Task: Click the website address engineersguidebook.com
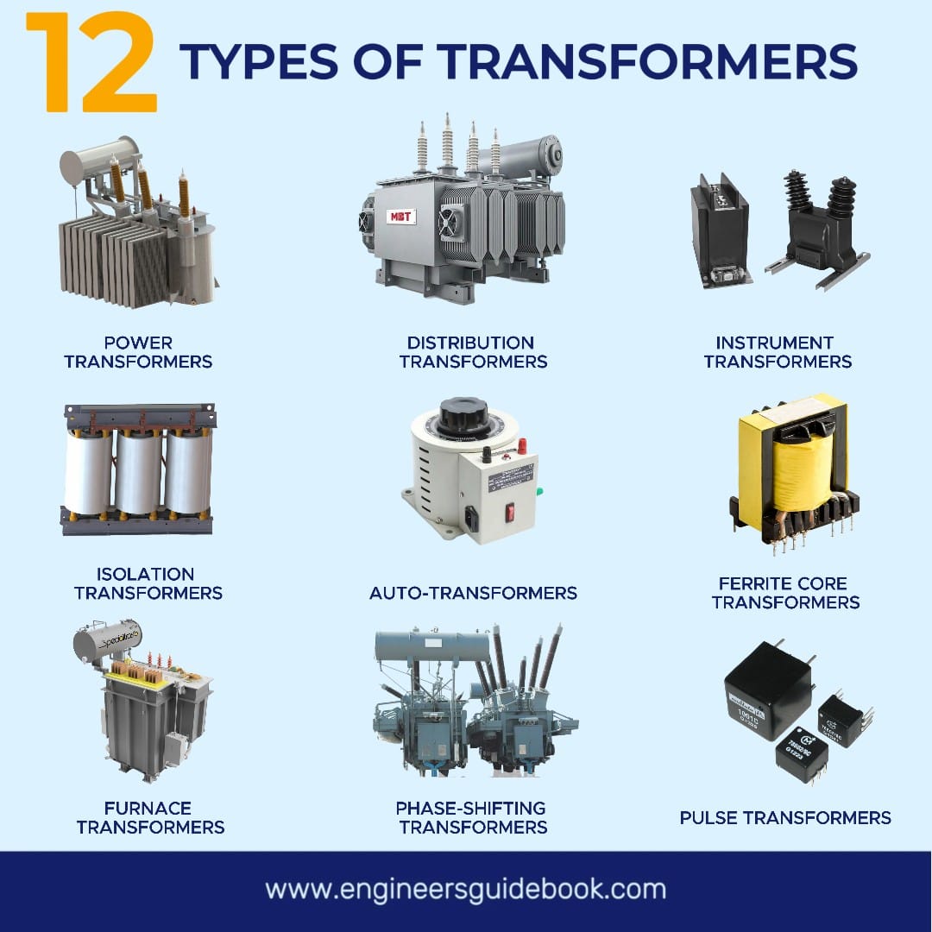[x=465, y=890]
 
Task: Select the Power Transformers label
[x=138, y=352]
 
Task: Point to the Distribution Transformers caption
[x=473, y=352]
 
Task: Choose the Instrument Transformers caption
[x=778, y=352]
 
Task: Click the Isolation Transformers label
[x=148, y=583]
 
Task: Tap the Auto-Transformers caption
[x=473, y=593]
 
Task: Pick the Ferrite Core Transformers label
[x=785, y=593]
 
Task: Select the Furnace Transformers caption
[x=150, y=817]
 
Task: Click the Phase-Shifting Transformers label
[x=473, y=817]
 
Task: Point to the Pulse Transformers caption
[x=785, y=817]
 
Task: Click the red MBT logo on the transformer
[x=400, y=215]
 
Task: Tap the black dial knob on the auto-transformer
[x=464, y=417]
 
